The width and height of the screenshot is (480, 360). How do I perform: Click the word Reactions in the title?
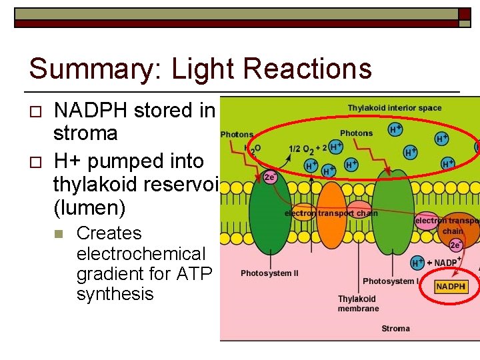[x=307, y=69]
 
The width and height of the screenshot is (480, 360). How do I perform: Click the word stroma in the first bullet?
[x=85, y=133]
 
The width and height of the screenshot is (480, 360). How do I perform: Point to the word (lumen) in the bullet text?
[x=89, y=208]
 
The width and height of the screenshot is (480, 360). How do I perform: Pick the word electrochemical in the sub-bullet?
[x=141, y=254]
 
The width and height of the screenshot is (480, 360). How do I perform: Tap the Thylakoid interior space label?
[x=394, y=108]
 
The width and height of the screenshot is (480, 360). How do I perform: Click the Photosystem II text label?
[x=269, y=273]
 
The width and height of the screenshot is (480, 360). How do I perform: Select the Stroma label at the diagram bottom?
[x=395, y=329]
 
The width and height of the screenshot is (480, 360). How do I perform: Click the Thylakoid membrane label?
[x=357, y=304]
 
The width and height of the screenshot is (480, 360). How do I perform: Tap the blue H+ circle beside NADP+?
[x=418, y=263]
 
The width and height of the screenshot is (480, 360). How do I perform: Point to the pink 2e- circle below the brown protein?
[x=455, y=245]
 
